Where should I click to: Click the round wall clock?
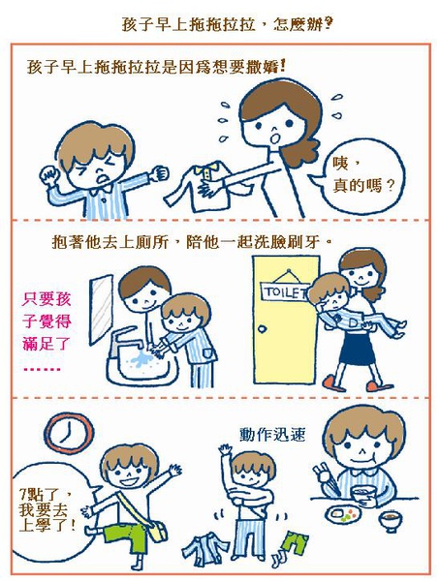tap(69, 433)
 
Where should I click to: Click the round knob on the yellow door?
tap(263, 329)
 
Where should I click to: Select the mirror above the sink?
tap(101, 310)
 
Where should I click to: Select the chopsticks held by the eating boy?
tap(328, 479)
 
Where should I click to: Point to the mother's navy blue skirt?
tap(357, 348)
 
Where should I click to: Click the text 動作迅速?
tap(272, 434)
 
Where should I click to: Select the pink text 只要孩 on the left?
tap(47, 298)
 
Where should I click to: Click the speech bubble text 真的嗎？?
tap(362, 185)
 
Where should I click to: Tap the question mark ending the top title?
tap(328, 24)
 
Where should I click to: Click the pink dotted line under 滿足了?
tap(42, 370)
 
